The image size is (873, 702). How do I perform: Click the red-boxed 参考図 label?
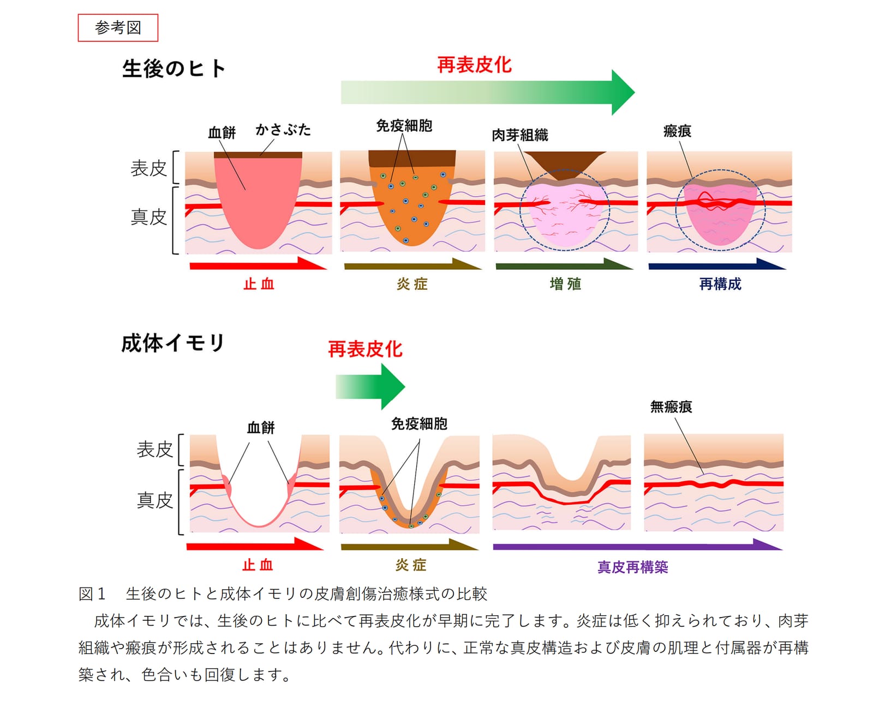(118, 28)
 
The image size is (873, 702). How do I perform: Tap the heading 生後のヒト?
(174, 68)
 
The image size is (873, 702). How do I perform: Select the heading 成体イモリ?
(173, 343)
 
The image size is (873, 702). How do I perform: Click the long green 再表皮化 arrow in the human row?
(488, 93)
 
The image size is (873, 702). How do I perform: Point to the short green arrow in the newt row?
(370, 386)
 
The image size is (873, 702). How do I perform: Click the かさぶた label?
(283, 130)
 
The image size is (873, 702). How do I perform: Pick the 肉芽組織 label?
(519, 135)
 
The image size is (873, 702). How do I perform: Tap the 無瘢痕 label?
(671, 407)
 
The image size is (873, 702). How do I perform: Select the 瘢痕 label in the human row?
(677, 131)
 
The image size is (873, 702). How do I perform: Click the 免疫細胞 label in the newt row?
(419, 424)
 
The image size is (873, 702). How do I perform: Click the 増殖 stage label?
(565, 284)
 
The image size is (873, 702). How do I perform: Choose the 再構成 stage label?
(720, 284)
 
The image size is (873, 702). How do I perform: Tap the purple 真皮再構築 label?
(632, 567)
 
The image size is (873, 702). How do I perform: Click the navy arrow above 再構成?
(717, 264)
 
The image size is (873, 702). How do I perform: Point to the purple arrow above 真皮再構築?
(638, 544)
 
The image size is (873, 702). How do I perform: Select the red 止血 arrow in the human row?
(258, 263)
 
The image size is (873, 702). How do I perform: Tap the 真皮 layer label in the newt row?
(154, 500)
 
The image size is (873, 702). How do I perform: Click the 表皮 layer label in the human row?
(148, 168)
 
